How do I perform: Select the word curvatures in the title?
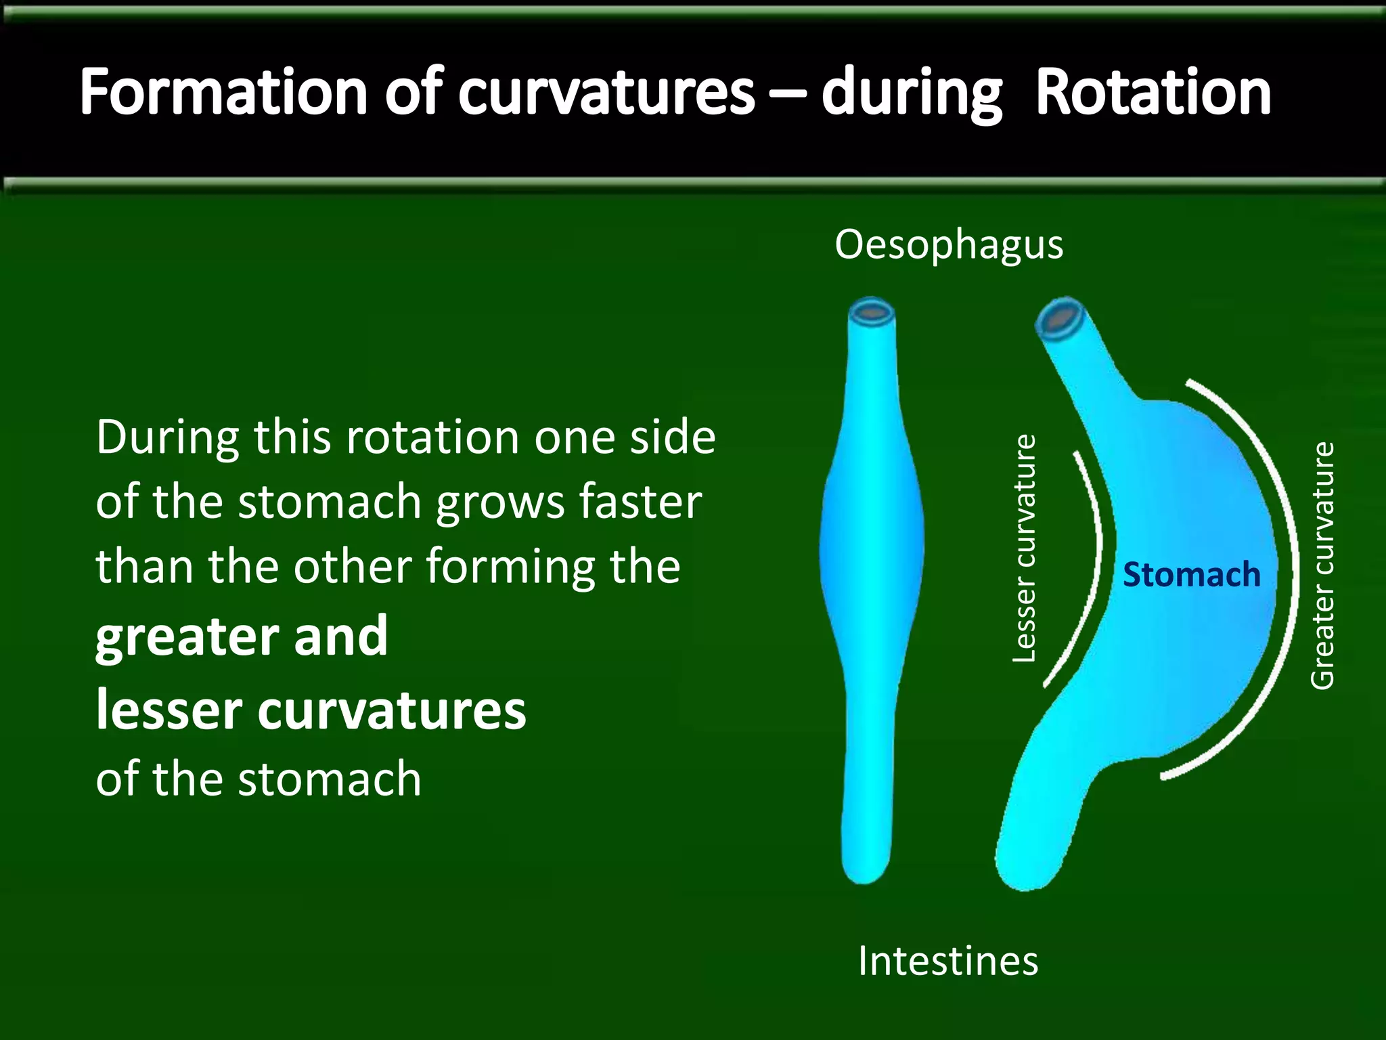tap(606, 93)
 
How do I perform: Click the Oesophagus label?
tap(949, 245)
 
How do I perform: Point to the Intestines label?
tap(947, 961)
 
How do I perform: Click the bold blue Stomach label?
tap(1192, 576)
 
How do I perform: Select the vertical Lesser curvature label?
tap(1024, 549)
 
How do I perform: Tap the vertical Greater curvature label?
tap(1322, 566)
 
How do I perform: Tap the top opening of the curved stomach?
tap(1060, 317)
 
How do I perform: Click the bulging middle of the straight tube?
tap(872, 548)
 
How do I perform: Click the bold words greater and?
tap(242, 636)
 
